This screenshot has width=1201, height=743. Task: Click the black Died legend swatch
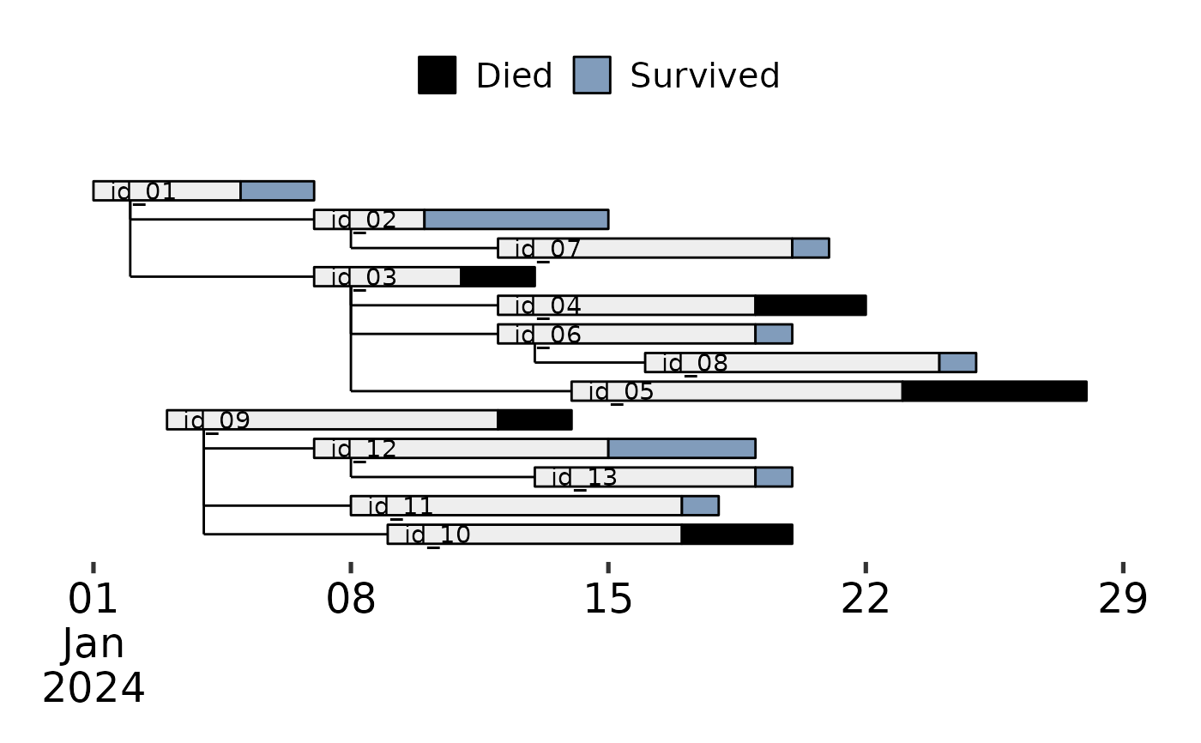click(x=437, y=76)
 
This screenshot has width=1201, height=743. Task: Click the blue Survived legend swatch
click(x=592, y=76)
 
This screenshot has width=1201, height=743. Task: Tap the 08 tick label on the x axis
click(x=351, y=600)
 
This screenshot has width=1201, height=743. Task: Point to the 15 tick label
click(x=608, y=600)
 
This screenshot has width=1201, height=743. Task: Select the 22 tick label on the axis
click(x=866, y=600)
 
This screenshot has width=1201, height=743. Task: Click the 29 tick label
click(x=1123, y=600)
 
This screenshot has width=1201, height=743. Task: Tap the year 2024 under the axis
click(x=94, y=688)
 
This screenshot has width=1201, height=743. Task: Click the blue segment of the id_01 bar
click(x=277, y=190)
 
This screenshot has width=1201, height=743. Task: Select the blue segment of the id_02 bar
click(x=516, y=220)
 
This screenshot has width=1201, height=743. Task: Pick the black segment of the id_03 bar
click(x=498, y=277)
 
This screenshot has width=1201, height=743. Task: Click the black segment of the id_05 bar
click(x=994, y=391)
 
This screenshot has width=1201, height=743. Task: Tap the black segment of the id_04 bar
click(x=810, y=305)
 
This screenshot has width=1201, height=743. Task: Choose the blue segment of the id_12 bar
click(x=681, y=449)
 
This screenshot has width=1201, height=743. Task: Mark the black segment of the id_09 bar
click(x=534, y=420)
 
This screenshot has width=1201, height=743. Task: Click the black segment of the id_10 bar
click(x=736, y=535)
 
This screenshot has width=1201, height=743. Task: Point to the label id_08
click(x=695, y=364)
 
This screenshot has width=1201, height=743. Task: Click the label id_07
click(x=548, y=250)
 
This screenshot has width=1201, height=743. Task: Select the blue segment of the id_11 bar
click(x=700, y=505)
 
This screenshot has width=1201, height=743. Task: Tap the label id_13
click(x=584, y=478)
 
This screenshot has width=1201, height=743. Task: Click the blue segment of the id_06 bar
click(x=773, y=334)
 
